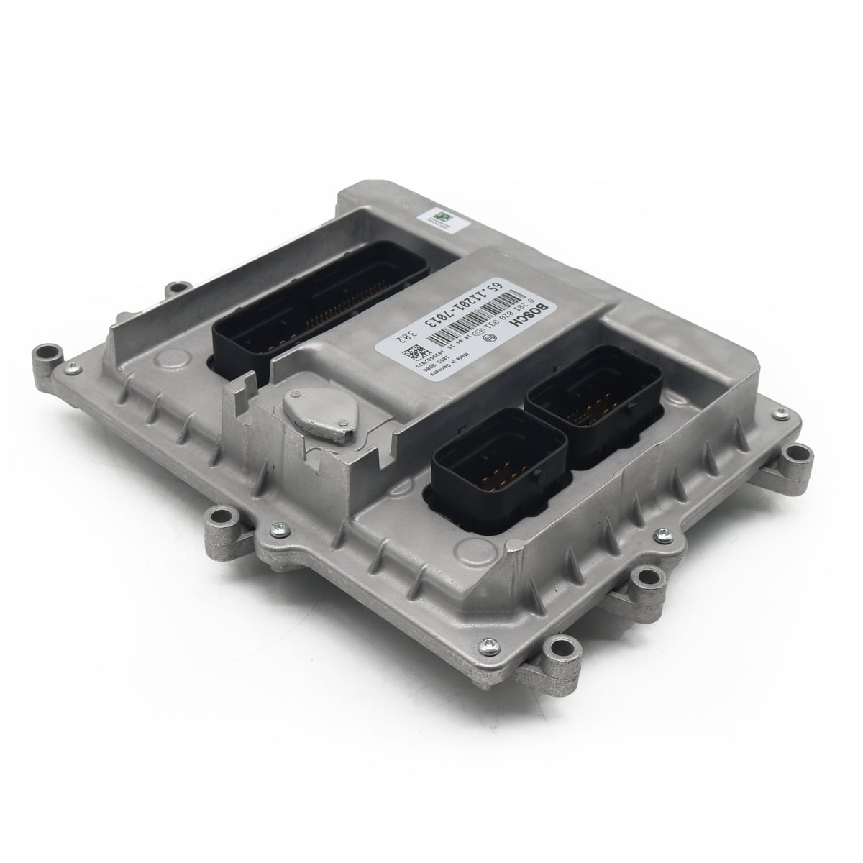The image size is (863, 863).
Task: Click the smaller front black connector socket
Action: coord(482,467)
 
